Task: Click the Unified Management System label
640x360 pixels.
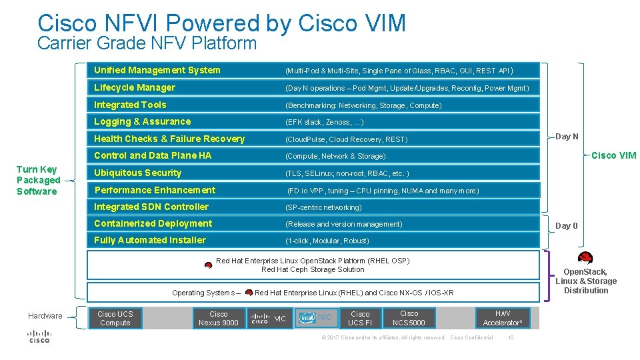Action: pos(157,70)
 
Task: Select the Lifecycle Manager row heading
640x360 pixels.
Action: pos(135,87)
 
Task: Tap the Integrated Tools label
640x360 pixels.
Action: pos(130,105)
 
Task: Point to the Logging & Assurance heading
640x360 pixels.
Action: pos(142,121)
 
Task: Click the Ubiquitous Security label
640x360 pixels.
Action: pos(137,173)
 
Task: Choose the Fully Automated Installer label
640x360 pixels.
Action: pos(150,240)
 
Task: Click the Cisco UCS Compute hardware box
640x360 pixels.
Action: pos(115,319)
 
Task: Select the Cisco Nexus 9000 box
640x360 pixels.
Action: pos(218,319)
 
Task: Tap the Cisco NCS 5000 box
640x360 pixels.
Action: pos(409,319)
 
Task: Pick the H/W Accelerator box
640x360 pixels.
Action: pos(503,319)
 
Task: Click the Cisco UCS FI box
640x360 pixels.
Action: pos(360,319)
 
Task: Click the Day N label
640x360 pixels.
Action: pos(567,137)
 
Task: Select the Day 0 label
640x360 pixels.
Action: pos(567,226)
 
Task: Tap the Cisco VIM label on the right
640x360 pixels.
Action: pos(613,156)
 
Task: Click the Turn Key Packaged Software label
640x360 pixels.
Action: pos(38,180)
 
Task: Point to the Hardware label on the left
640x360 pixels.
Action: pos(45,316)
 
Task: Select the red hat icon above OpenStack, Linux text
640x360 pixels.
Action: pos(585,259)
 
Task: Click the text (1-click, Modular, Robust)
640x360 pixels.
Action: pos(327,241)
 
